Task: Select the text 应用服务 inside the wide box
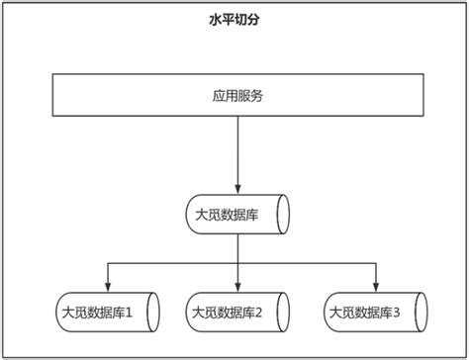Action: [236, 97]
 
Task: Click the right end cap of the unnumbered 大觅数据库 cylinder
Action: [283, 214]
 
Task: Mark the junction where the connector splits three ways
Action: [237, 263]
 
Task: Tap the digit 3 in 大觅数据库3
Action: [396, 314]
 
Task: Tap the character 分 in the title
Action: [257, 20]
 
